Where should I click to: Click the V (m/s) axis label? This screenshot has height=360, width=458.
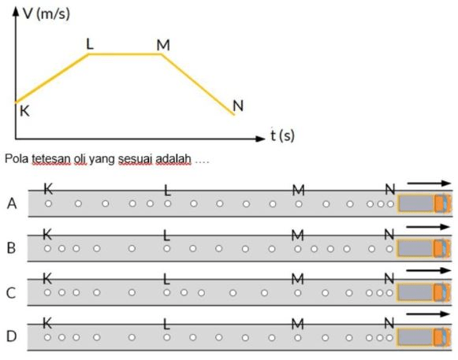(x=47, y=13)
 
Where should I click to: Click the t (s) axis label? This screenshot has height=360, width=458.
(x=282, y=135)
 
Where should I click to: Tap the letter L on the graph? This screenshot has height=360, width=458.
(x=90, y=44)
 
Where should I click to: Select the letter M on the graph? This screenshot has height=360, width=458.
(x=163, y=45)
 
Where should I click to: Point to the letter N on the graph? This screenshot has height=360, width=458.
(x=238, y=106)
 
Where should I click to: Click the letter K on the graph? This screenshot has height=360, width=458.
(x=24, y=111)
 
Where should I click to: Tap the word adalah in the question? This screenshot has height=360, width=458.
(x=173, y=159)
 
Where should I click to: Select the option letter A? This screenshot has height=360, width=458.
(x=12, y=203)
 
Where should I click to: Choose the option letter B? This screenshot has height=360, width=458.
(x=11, y=248)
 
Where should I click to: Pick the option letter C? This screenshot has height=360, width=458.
(x=11, y=293)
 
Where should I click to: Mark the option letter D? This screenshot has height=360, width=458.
(x=11, y=336)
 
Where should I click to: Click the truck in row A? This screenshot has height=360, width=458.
(x=424, y=203)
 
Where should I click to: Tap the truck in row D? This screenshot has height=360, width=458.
(x=423, y=337)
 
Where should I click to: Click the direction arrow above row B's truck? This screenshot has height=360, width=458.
(x=428, y=227)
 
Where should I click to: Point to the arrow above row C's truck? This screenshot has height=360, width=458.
(x=428, y=270)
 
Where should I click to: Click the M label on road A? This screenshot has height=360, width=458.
(x=299, y=191)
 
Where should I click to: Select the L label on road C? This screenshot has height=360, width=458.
(x=166, y=280)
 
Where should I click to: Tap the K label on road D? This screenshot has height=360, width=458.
(x=47, y=323)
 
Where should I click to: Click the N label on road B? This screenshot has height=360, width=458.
(x=389, y=234)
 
